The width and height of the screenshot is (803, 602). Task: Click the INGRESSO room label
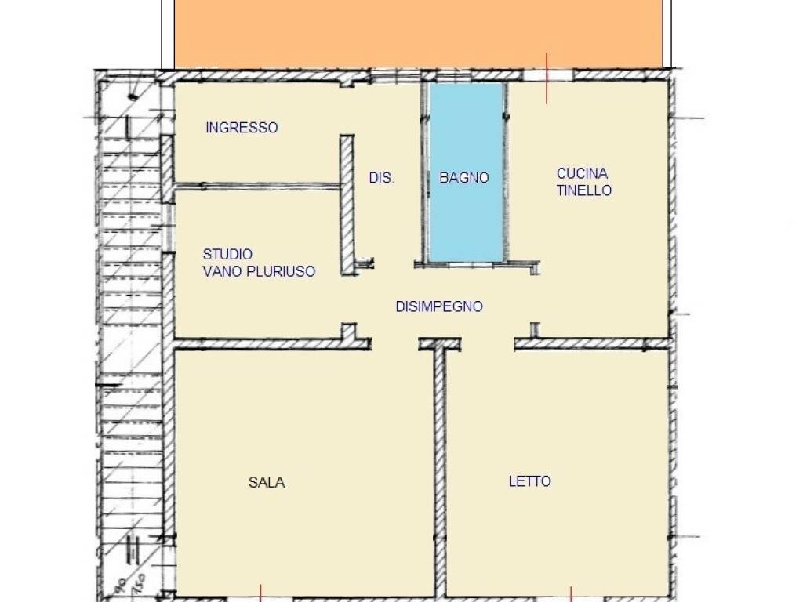coord(242,128)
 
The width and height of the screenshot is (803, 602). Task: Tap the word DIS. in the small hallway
coord(382,179)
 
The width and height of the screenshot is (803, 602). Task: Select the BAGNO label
coord(463,178)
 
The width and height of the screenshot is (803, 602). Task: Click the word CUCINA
coord(582,173)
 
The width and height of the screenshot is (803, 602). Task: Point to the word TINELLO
coord(584,190)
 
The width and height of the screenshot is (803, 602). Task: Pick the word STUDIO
coord(227,255)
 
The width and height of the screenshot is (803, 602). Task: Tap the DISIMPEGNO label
coord(438,306)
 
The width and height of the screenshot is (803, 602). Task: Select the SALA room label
coord(267,482)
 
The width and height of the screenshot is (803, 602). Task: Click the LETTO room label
coord(529,481)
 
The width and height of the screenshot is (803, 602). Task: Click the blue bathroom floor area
coord(466,219)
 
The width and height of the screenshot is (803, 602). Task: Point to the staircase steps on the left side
coord(125,314)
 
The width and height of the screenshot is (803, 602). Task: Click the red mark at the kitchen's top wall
coord(547,78)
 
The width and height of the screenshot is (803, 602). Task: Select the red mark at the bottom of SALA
coord(260,593)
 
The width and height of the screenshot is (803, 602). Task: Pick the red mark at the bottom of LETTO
coord(571,593)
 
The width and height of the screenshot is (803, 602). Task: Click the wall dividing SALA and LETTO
coord(440,470)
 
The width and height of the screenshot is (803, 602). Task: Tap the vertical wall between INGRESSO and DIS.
coord(346,204)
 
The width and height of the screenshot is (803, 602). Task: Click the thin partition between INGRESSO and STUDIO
coord(259,187)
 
